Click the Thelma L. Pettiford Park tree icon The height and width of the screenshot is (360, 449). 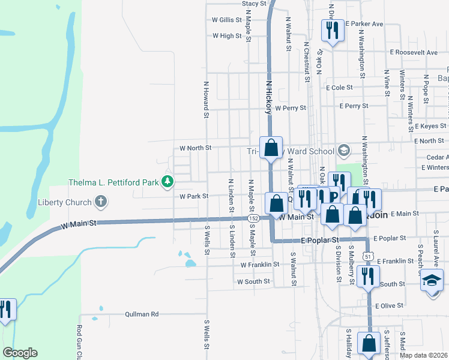tap(169, 181)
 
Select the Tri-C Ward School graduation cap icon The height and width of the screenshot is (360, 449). tap(344, 149)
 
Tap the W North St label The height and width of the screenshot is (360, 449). tap(196, 148)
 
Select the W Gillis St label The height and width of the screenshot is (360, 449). tap(226, 20)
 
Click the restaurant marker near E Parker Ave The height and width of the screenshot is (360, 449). tap(332, 29)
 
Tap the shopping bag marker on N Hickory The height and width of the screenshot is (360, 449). tap(271, 147)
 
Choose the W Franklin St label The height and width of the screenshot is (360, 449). tap(260, 264)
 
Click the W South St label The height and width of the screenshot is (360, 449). tap(253, 281)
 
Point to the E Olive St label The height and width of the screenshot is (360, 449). tap(389, 306)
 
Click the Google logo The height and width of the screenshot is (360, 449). tap(20, 353)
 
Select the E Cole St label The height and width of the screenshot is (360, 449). tap(339, 88)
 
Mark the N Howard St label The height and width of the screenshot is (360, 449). tap(206, 99)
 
